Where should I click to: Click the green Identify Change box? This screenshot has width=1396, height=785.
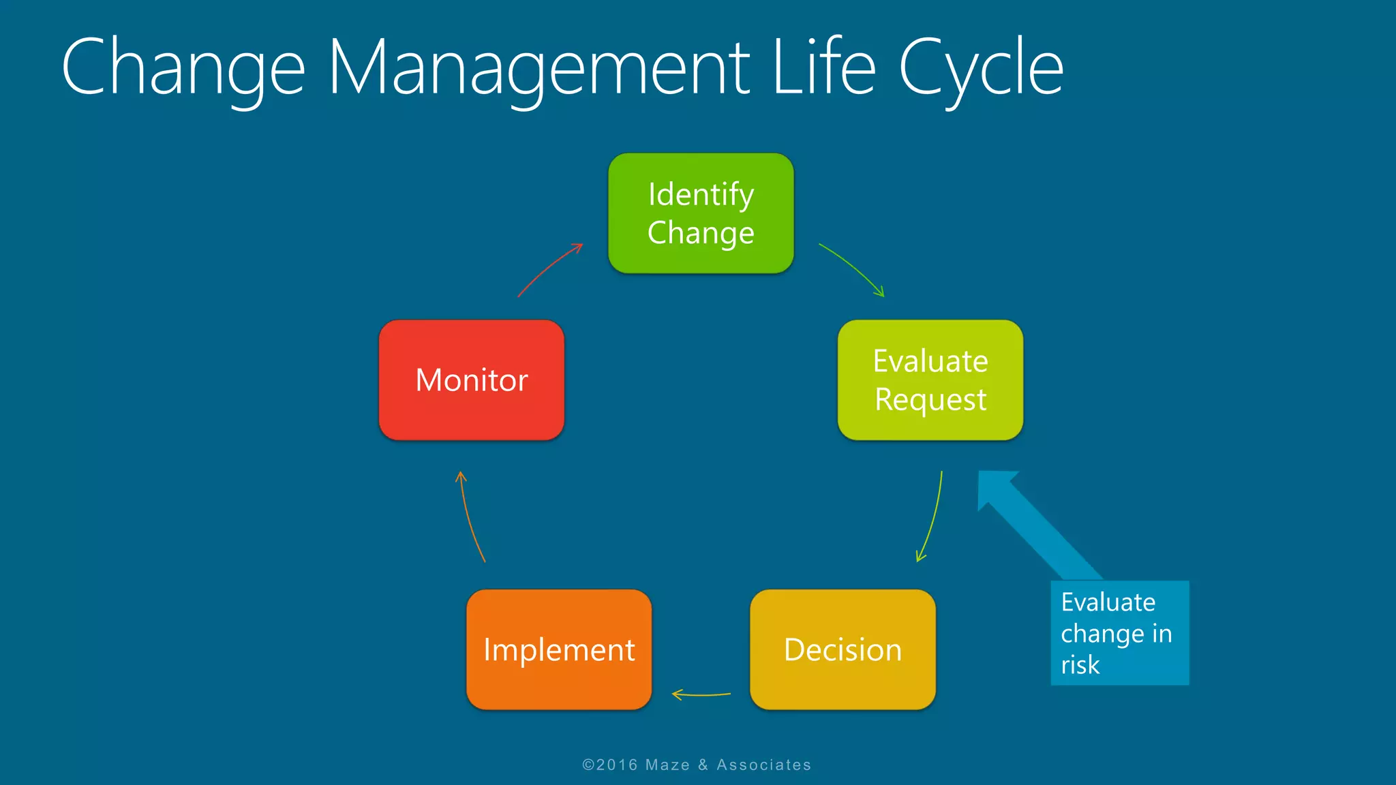click(701, 213)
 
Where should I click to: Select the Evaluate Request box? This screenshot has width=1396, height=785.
click(930, 380)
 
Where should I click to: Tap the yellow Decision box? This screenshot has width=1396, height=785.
click(843, 649)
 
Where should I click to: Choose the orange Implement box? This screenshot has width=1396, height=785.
click(559, 649)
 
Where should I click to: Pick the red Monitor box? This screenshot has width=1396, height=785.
click(472, 380)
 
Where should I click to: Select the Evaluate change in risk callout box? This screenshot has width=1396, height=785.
click(1119, 632)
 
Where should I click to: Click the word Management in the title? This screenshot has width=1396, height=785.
click(538, 68)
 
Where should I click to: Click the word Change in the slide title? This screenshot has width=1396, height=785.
click(183, 68)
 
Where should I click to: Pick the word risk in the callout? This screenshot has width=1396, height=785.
click(1080, 664)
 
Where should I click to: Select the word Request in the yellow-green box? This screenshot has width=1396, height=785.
click(930, 399)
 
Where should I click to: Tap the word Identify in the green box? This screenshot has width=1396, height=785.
click(701, 195)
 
